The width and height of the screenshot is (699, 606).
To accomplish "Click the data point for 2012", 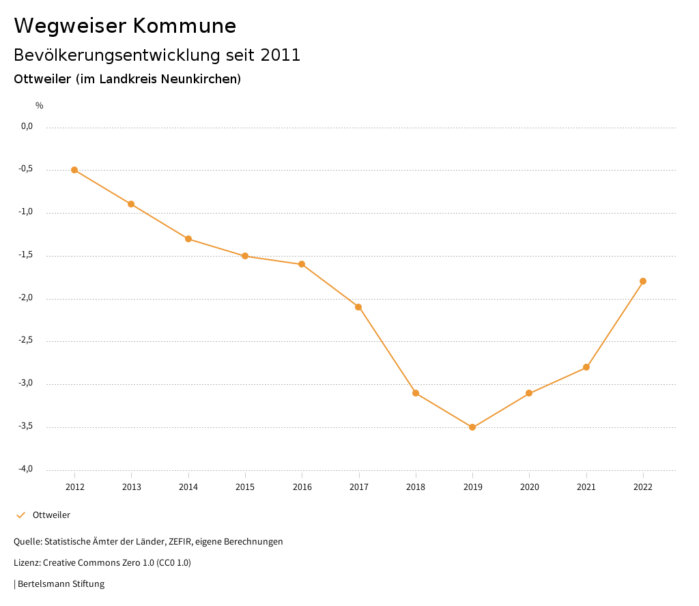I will (74, 170).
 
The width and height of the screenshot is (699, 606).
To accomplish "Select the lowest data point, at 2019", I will (472, 427).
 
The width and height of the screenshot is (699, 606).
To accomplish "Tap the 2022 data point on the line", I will (643, 281).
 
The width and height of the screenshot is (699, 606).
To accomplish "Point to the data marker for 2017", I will (358, 307).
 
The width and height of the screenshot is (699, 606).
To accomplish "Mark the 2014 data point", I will (188, 239).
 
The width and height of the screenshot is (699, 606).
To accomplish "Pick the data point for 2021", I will (586, 368).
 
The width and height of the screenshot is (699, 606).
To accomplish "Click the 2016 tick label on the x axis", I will (302, 487).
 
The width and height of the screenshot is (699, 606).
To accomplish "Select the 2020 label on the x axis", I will (530, 487).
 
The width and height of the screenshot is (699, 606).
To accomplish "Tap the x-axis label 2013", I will (132, 487).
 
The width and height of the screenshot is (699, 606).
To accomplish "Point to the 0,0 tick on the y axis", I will (27, 126).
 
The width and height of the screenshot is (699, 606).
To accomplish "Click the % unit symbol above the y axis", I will (40, 106).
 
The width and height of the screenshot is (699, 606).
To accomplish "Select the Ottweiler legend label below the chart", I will (51, 515).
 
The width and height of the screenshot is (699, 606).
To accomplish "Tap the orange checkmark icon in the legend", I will (20, 515).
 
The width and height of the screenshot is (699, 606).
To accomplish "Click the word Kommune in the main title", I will (184, 26).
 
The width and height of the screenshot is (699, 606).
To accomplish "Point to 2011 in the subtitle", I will (281, 55).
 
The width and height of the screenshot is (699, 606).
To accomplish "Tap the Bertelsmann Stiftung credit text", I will (61, 584).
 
